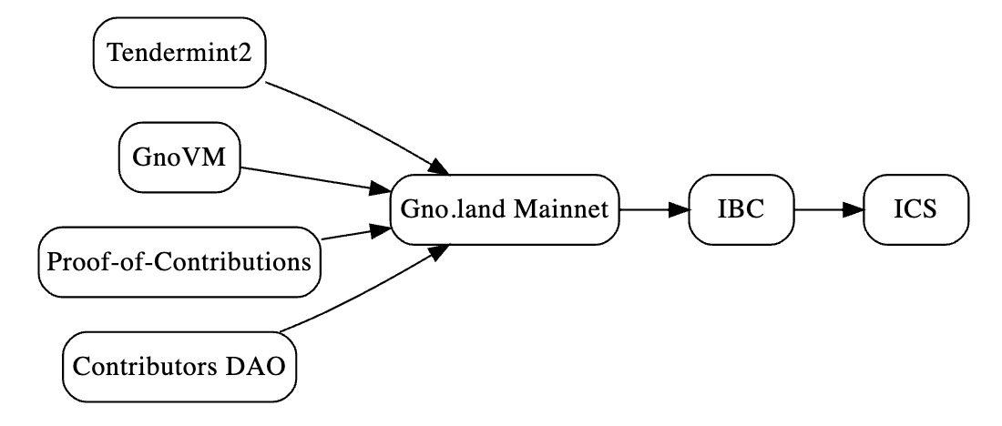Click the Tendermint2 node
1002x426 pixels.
coord(179,53)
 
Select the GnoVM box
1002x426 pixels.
coord(179,157)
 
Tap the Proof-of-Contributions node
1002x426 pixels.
coord(179,262)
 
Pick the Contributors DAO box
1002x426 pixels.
coord(179,367)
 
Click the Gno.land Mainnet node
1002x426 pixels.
coord(505,209)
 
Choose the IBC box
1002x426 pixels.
coord(741,209)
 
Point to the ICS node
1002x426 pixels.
coord(915,209)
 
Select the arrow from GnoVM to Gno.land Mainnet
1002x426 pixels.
coord(315,179)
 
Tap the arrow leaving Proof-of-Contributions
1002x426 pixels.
coord(355,232)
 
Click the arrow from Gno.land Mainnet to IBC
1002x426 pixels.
coord(654,209)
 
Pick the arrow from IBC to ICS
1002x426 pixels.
coord(828,209)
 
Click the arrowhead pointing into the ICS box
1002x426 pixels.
coord(854,209)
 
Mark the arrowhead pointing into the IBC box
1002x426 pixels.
coord(679,209)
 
